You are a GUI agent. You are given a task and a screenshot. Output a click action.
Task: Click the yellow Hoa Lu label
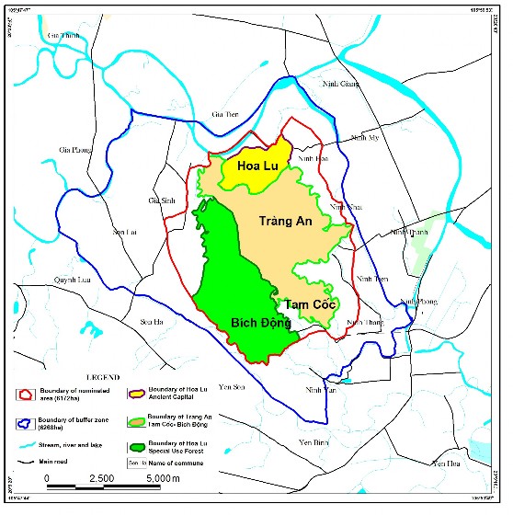(x=258, y=166)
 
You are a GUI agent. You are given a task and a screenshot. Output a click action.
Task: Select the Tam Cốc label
(x=309, y=304)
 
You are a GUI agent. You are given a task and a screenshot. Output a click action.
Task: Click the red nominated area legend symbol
(x=28, y=395)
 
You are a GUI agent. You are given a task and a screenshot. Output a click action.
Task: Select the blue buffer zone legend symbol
(x=28, y=424)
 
